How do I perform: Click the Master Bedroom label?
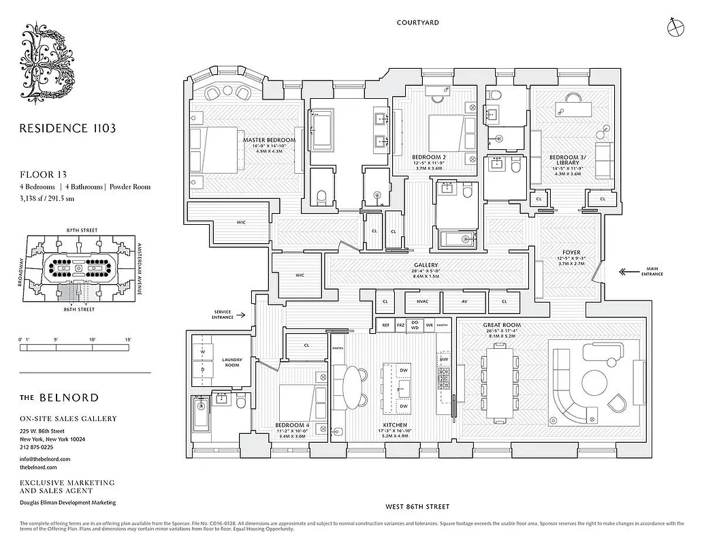coord(269,140)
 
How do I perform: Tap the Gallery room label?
coord(426,265)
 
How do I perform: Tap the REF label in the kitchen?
coord(385,326)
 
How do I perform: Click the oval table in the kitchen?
coord(353,386)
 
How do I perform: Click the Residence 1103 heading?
coord(67,127)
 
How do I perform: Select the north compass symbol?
coord(675,25)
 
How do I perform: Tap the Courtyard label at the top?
coord(418,22)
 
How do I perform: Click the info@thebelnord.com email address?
coord(44,459)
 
